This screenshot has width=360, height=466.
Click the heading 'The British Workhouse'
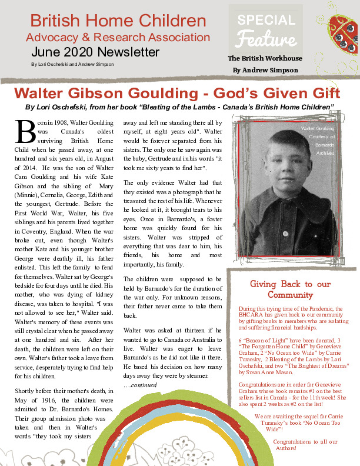[x=265, y=58]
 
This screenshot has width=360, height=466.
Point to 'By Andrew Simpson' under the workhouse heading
[x=265, y=70]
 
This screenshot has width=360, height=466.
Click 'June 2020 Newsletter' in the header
[x=95, y=52]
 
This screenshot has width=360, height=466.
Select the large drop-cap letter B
[x=26, y=132]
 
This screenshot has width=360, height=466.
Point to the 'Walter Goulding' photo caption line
[x=318, y=128]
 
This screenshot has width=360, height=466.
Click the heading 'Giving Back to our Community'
[x=291, y=289]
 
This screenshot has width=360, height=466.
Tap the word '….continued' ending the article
[x=136, y=385]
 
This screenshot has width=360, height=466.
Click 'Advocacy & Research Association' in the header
[x=118, y=38]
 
